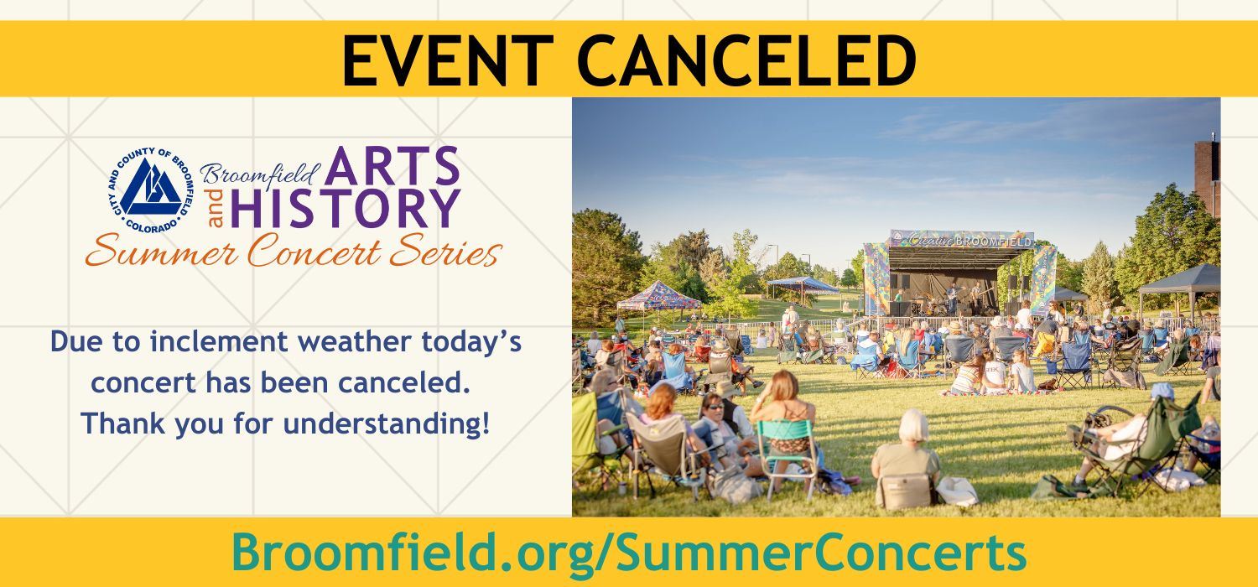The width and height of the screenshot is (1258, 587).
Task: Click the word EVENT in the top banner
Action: point(437,60)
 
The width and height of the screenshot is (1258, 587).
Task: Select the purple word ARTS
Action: point(392,168)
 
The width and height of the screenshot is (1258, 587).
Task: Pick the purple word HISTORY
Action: point(346,209)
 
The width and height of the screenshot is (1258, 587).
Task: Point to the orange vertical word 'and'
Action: point(216,208)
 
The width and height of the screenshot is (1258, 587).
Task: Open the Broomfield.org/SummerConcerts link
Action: point(628,553)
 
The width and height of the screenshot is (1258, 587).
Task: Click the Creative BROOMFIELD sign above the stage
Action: point(962,238)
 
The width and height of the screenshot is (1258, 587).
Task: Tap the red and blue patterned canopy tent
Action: point(659,295)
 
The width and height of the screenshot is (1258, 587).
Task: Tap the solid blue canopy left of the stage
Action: point(803,283)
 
